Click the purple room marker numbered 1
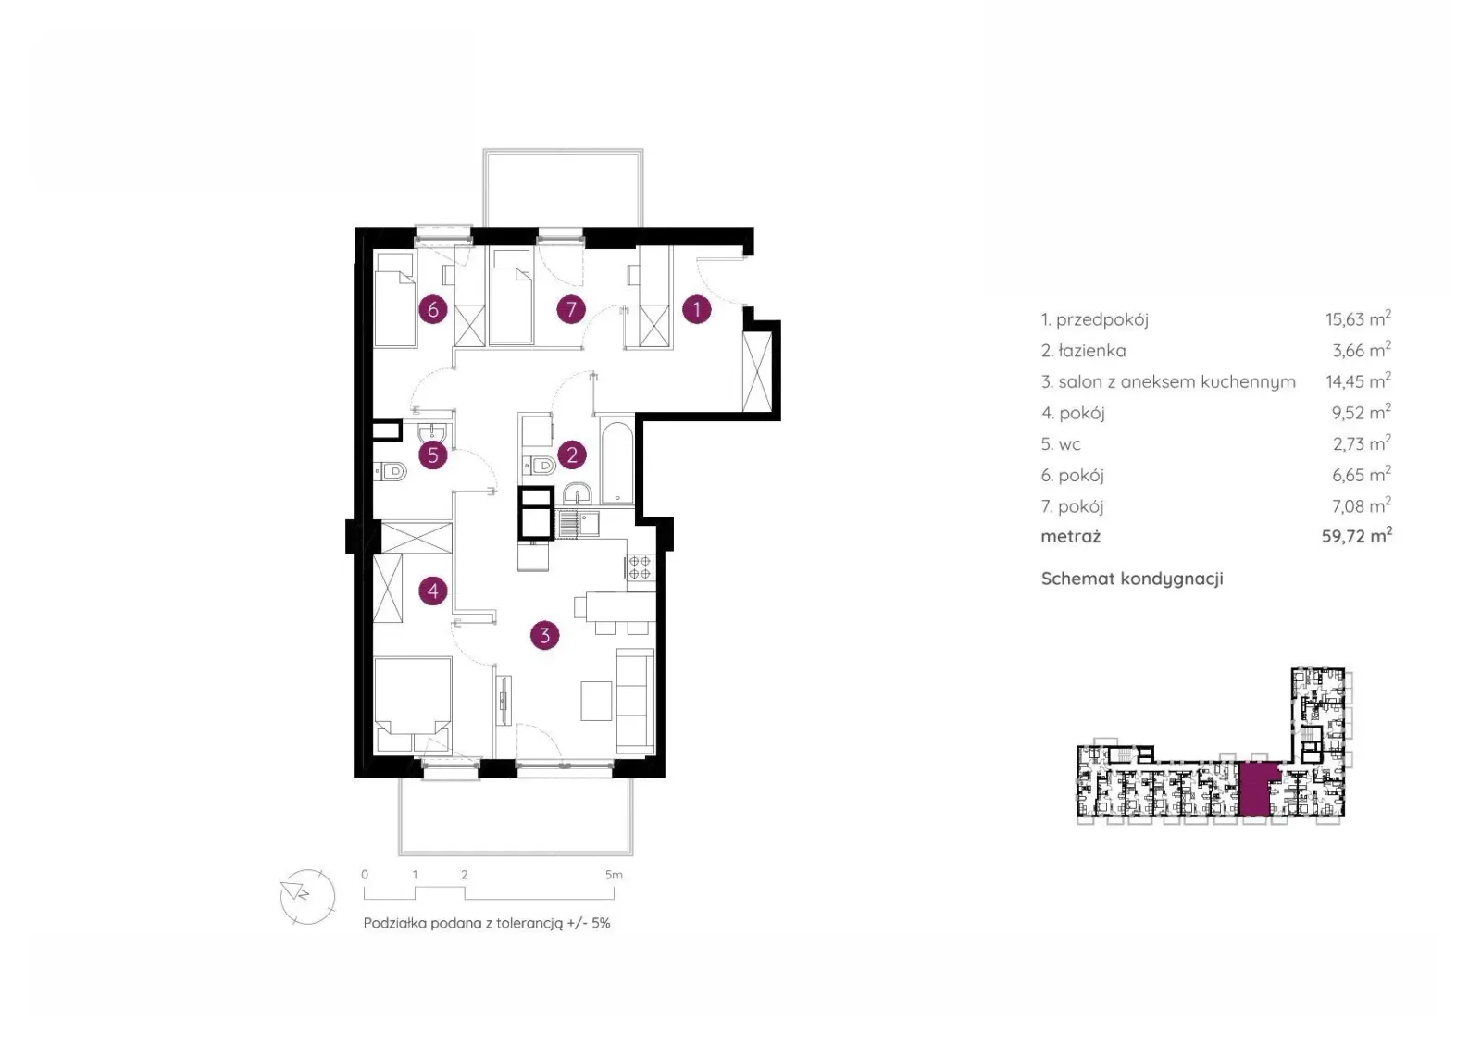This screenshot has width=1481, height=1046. pos(696,309)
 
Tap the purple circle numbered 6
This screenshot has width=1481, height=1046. pos(433,309)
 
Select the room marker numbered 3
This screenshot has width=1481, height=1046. pos(545,635)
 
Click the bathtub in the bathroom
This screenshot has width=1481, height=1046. pos(617,462)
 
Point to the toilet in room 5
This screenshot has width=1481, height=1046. pos(390,471)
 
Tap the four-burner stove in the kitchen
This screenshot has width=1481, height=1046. pos(640,567)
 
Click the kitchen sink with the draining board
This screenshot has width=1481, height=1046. pos(579,524)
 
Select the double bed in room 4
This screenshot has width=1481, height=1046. pos(413,704)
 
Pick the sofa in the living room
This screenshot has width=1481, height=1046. pos(635,701)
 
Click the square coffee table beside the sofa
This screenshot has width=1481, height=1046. pos(596,701)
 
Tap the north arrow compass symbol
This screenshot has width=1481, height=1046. pos(308,897)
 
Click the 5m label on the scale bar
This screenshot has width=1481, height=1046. pos(614,875)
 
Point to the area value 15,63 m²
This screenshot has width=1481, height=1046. pos(1358,318)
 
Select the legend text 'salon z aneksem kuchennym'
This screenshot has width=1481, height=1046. pos(1176,382)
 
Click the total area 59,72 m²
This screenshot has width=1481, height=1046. pos(1357,536)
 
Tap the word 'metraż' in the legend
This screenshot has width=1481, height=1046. pos(1070,536)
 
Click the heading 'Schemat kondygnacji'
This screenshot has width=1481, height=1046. pos(1132,579)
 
